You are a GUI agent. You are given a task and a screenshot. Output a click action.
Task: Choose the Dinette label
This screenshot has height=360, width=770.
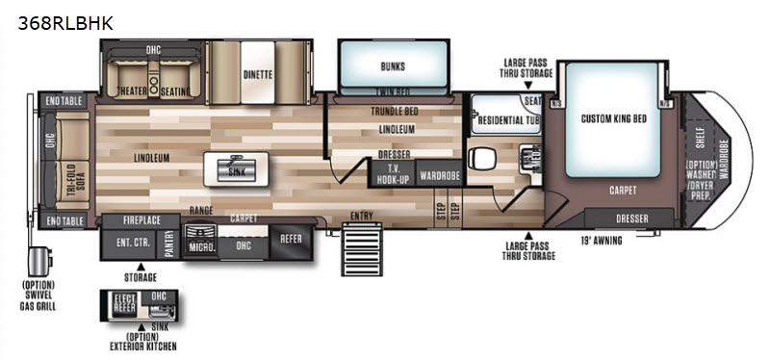pos(257,74)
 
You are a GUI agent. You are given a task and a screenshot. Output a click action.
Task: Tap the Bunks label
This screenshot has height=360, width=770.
pos(393,66)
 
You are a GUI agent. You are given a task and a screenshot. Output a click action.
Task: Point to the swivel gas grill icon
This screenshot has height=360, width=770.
pos(38,261)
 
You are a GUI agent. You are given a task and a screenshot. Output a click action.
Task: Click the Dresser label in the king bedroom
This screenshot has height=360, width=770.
pos(630,219)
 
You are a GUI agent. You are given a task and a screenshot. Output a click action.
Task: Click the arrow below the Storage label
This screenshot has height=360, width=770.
pos(141,266)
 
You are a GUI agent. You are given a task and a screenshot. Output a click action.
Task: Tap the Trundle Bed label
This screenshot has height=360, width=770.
pos(395,111)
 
